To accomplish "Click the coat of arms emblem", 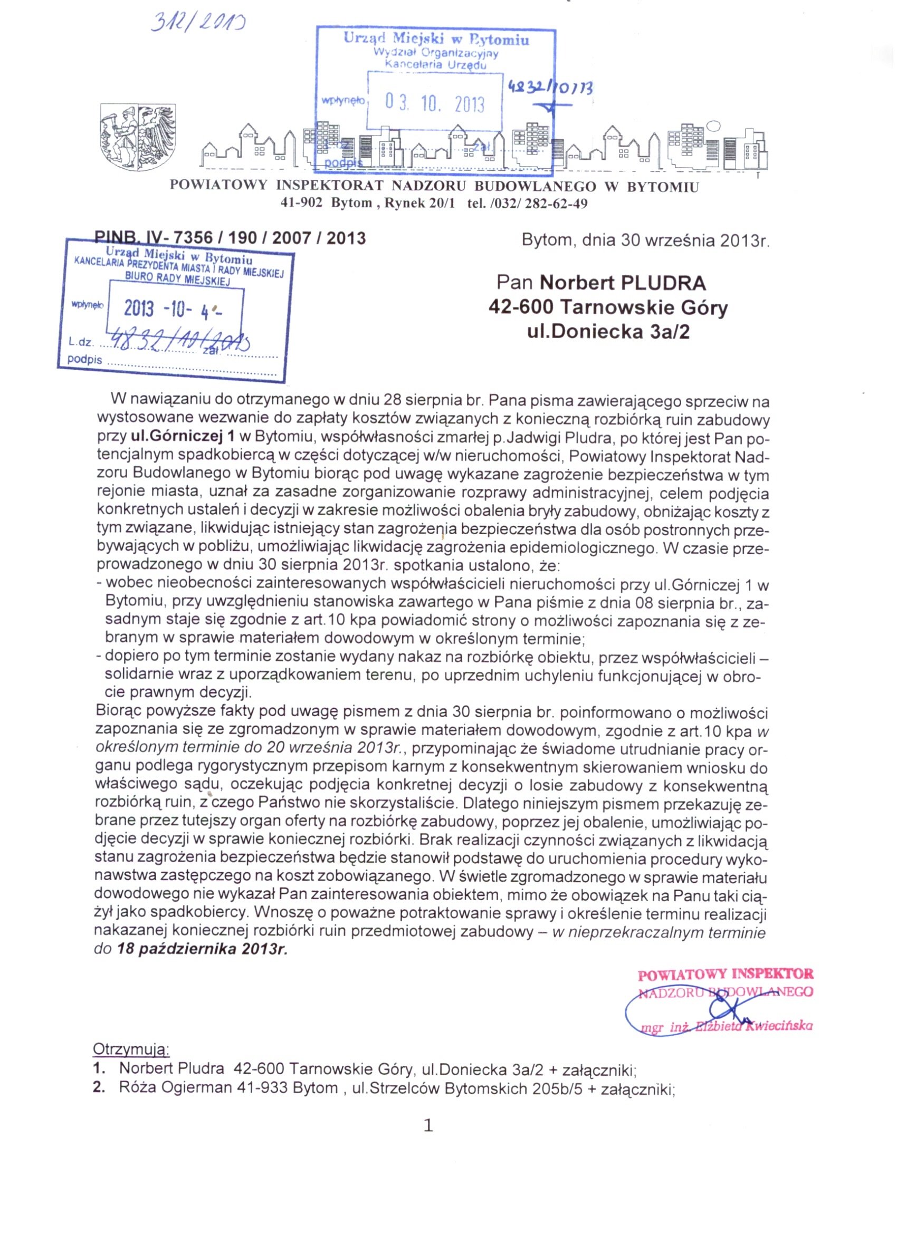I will (138, 137).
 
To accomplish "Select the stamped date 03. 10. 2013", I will (434, 103).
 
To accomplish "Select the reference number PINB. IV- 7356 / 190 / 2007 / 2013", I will (230, 238).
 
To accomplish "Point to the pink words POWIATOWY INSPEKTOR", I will (726, 974).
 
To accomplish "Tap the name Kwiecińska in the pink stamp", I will (780, 1026).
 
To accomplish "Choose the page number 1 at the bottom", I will (428, 1125).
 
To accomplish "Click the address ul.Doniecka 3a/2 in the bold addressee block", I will (608, 332).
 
